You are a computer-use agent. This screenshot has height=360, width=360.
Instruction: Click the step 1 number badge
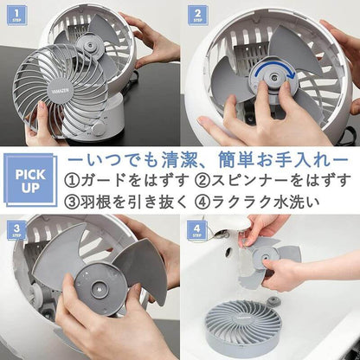pyautogui.click(x=15, y=14)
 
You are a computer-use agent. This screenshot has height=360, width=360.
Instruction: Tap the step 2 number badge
pyautogui.click(x=198, y=14)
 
